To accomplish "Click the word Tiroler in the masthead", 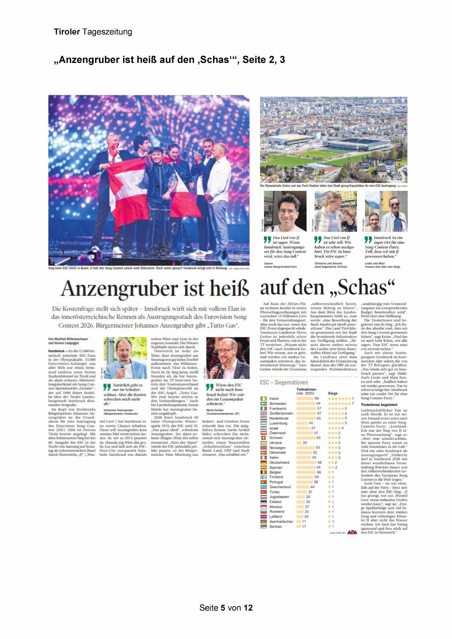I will coord(67,32).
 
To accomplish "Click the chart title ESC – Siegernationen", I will coord(284,383).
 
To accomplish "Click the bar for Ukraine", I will coord(299,443).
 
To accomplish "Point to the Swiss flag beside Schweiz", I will coord(263,438).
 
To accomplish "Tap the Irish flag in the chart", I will coord(263,399).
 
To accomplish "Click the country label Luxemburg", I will coord(278,423).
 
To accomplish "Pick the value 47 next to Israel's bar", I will coord(313,428).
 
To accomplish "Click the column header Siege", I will coord(333,393).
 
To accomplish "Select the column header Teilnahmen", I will coord(306,389).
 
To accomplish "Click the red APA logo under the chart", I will coord(352,532).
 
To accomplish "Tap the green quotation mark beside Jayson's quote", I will coord(267,240).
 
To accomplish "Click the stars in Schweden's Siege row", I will coord(339,404).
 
